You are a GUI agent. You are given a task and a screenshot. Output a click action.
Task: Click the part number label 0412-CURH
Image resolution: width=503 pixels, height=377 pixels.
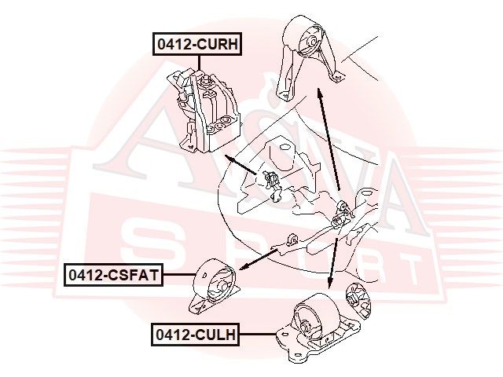[x=197, y=44]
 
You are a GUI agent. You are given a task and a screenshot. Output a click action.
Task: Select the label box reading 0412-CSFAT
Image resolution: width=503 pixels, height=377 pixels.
[x=113, y=275]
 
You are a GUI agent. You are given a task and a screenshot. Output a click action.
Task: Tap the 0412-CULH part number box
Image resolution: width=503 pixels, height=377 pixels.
[x=196, y=335]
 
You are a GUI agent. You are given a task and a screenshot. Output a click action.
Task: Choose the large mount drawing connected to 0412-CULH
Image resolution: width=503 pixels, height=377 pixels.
[x=318, y=328]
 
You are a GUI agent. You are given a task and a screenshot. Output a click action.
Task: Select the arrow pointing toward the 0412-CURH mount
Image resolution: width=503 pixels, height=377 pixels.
[x=240, y=165]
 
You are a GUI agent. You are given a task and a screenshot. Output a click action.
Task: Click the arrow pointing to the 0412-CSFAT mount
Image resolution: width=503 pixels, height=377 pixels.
[x=259, y=259]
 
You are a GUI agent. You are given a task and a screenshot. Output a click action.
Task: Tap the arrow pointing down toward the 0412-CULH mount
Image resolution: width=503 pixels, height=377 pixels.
[x=332, y=263]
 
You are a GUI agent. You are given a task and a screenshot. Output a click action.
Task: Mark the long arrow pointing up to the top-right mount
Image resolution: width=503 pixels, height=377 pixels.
[x=329, y=140]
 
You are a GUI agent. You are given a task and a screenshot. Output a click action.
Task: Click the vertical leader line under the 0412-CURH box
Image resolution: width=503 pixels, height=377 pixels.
[x=199, y=63]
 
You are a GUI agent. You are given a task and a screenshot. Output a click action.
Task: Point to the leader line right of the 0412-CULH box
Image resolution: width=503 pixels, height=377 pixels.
[x=258, y=335]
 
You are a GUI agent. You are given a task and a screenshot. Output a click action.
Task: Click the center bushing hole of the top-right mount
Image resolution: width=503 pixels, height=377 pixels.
[x=311, y=42]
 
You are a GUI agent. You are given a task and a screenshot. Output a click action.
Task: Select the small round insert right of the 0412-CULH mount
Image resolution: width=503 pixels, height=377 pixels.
[x=358, y=301]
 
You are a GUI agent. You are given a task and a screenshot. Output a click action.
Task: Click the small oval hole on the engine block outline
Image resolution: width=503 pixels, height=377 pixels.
[x=285, y=148]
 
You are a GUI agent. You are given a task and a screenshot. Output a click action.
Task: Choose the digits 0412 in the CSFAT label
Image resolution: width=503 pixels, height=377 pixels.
[x=84, y=275]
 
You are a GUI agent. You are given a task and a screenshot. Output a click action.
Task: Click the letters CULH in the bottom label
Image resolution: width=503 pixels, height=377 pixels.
[x=214, y=335]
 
